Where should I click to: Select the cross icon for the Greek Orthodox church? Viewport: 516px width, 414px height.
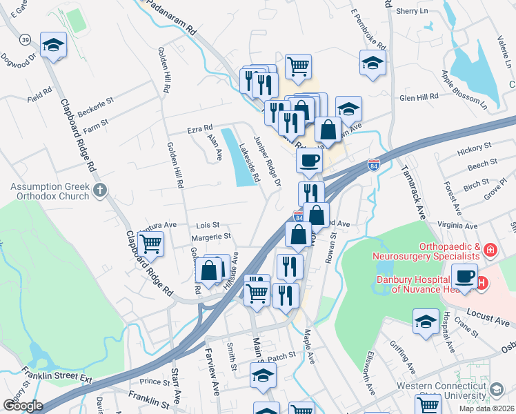point(101,189)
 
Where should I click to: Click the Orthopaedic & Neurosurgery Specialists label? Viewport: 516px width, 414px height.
point(425,251)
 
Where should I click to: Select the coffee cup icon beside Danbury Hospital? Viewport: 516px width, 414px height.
point(465,277)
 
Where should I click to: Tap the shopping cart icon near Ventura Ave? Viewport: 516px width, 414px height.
point(150,243)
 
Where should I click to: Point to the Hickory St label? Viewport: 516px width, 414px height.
point(473,147)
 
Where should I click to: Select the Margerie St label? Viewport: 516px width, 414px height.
point(210,237)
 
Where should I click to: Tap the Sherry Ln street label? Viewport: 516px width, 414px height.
point(413,11)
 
